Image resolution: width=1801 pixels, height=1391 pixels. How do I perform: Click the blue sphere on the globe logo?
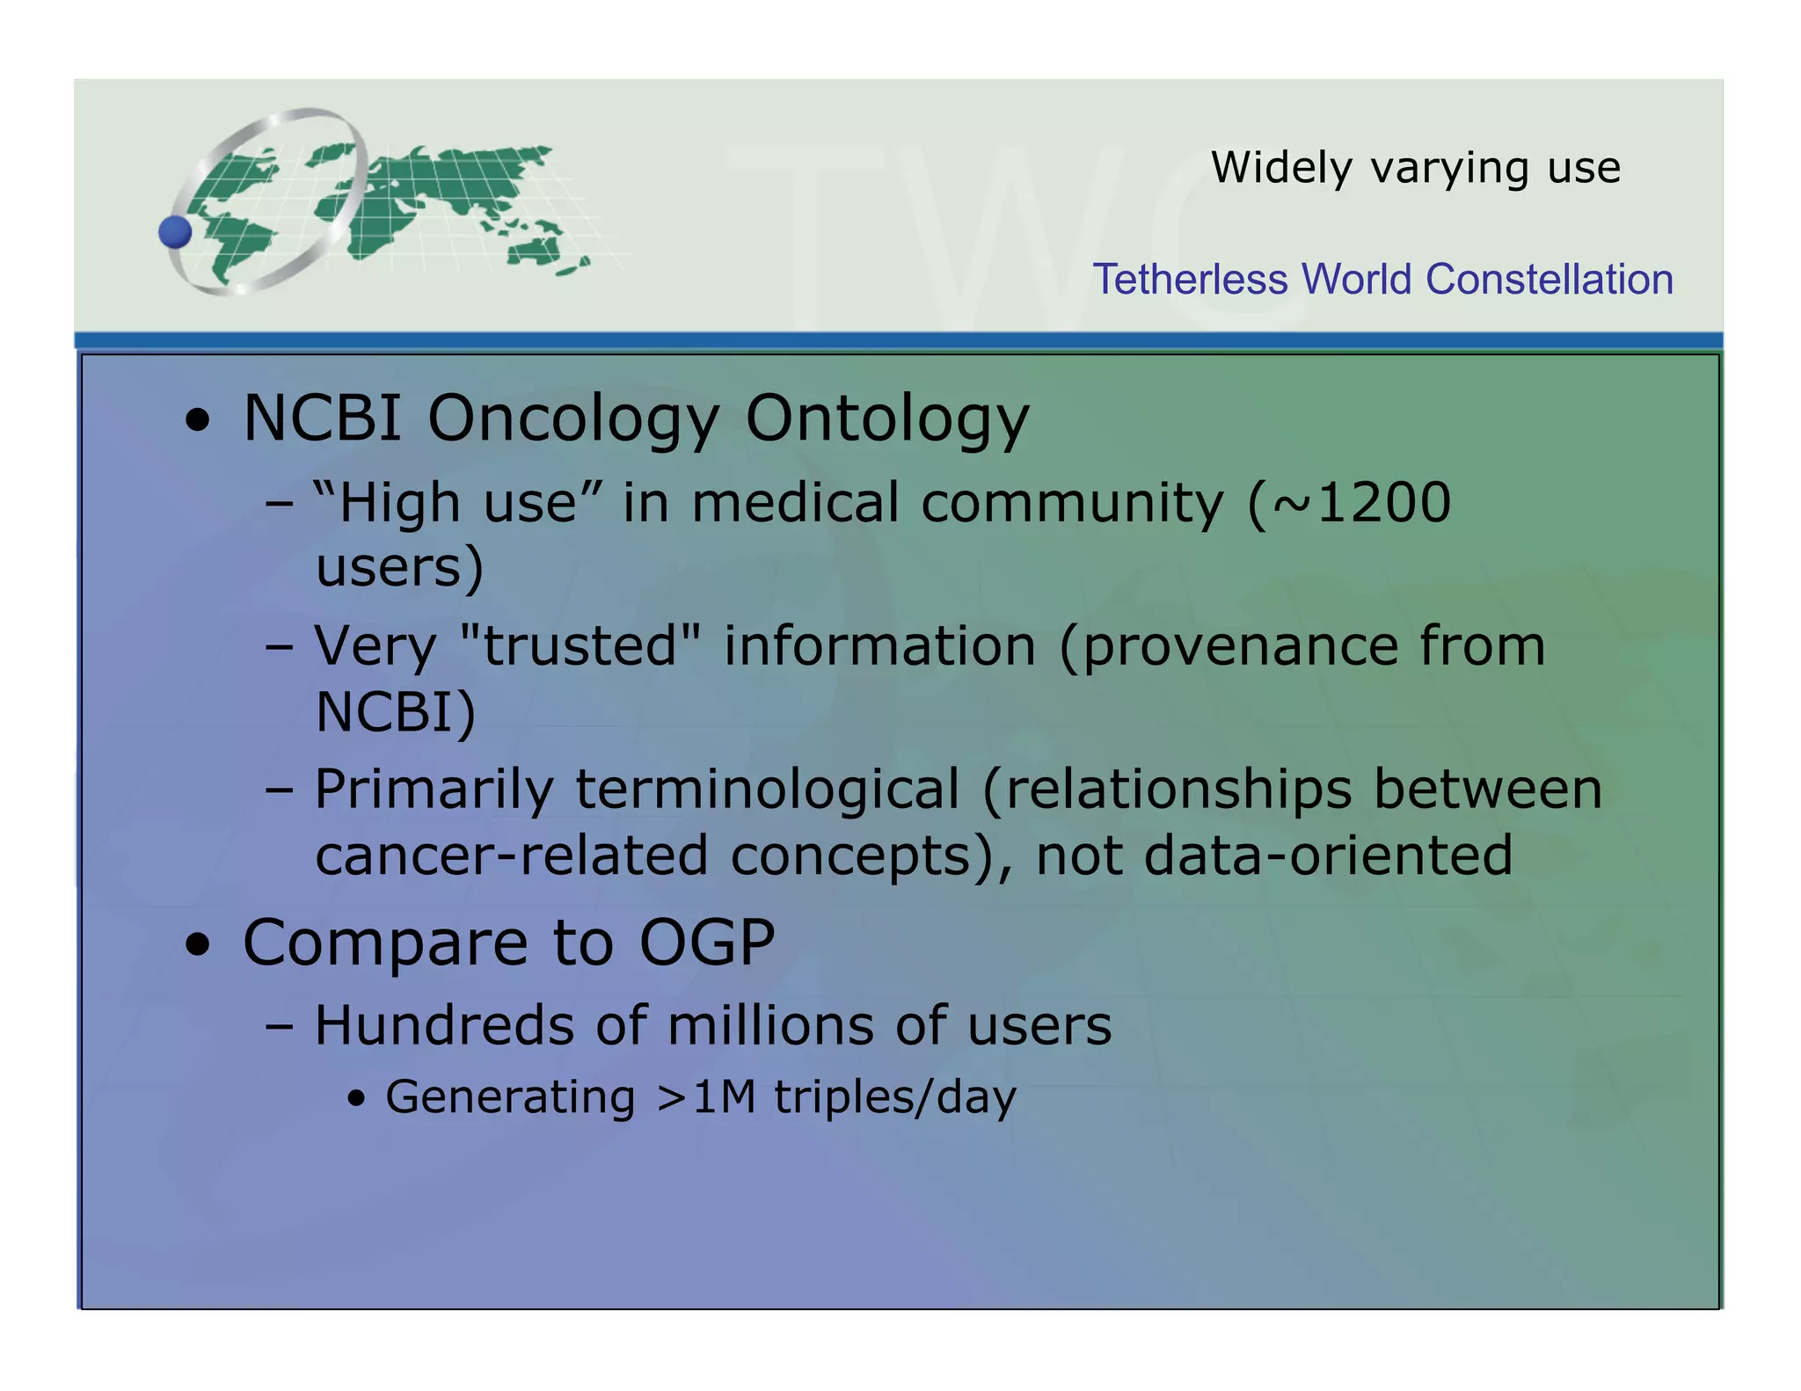[x=175, y=232]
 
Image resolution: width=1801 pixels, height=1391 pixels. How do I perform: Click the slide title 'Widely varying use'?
[x=1415, y=167]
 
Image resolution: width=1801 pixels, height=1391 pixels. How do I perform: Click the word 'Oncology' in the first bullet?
[x=572, y=419]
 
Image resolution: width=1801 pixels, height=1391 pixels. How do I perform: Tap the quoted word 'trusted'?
[x=580, y=646]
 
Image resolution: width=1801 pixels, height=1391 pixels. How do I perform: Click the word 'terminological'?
[x=768, y=789]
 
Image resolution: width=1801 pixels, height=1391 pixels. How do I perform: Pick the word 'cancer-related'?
[x=511, y=856]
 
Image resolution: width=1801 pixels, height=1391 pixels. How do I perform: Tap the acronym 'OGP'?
[x=706, y=943]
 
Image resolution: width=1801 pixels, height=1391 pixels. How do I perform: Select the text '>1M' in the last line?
[x=706, y=1097]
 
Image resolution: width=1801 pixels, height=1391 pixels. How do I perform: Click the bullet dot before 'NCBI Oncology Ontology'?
[x=199, y=420]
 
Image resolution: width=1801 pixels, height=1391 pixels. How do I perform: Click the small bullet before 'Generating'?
[x=356, y=1099]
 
